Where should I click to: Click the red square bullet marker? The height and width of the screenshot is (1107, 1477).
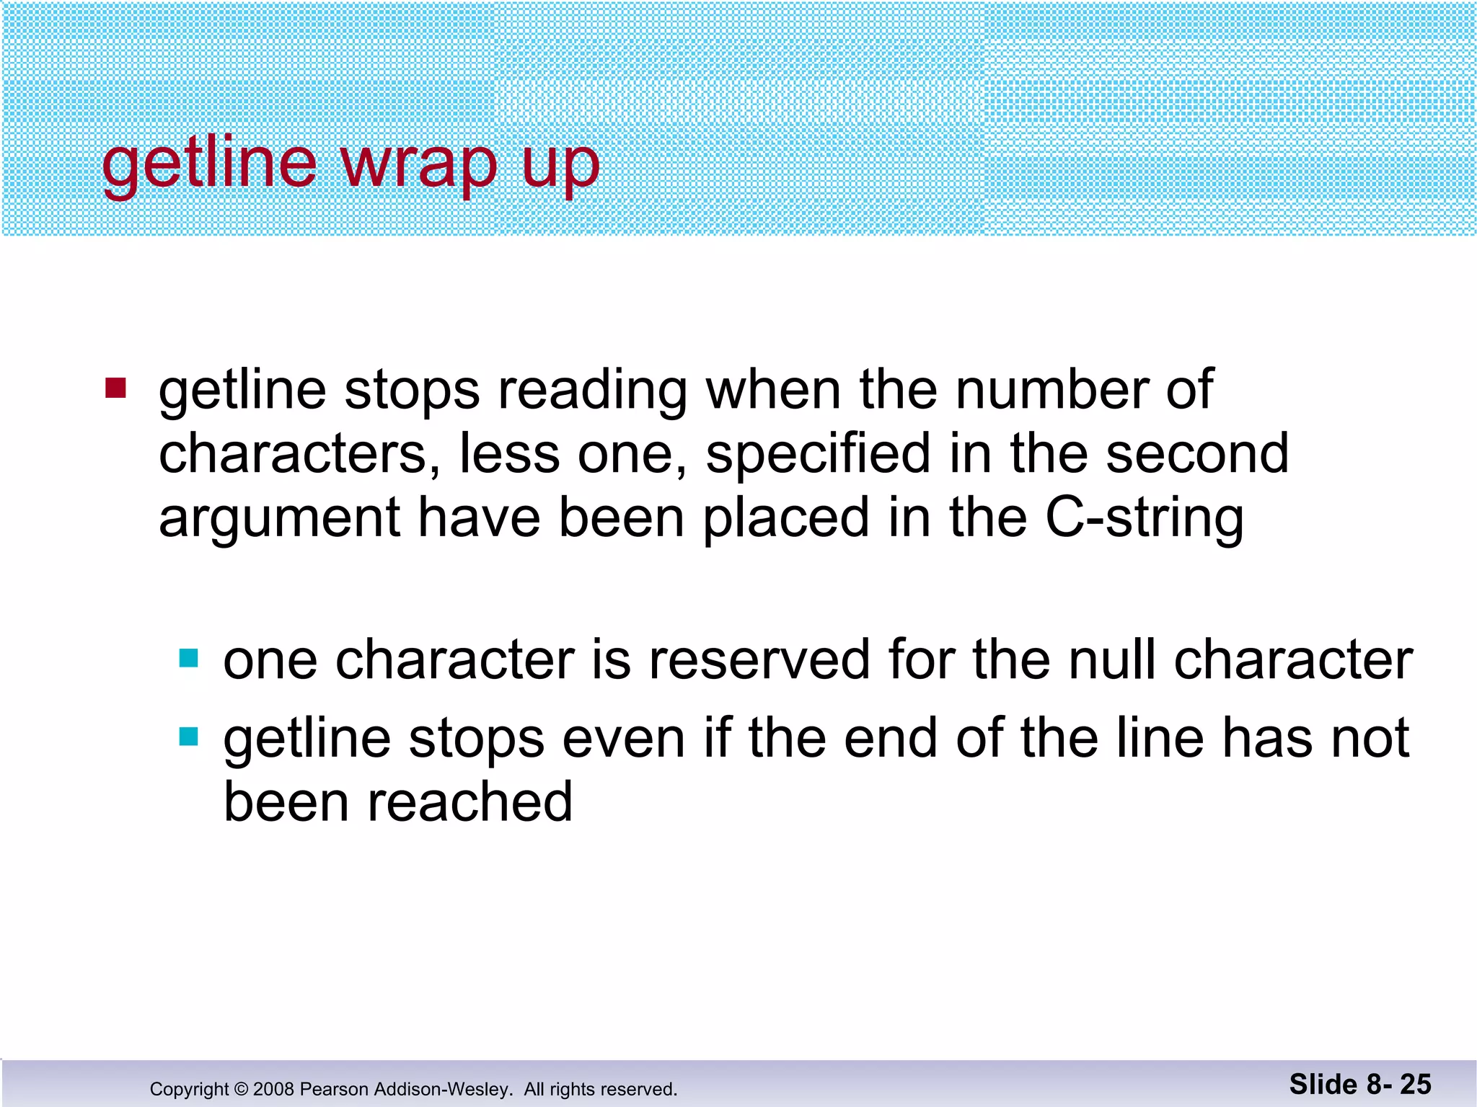tap(115, 388)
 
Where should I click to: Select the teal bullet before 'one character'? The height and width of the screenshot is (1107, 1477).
tap(188, 658)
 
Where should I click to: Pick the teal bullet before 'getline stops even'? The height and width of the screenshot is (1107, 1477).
tap(188, 737)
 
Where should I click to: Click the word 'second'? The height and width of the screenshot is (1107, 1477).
tap(1197, 454)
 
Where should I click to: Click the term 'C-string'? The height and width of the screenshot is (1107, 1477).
tap(1145, 519)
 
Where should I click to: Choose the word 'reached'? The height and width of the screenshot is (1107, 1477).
tap(470, 802)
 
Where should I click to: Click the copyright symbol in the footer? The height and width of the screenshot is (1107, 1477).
tap(241, 1089)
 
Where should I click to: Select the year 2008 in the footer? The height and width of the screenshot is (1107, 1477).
tap(274, 1089)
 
